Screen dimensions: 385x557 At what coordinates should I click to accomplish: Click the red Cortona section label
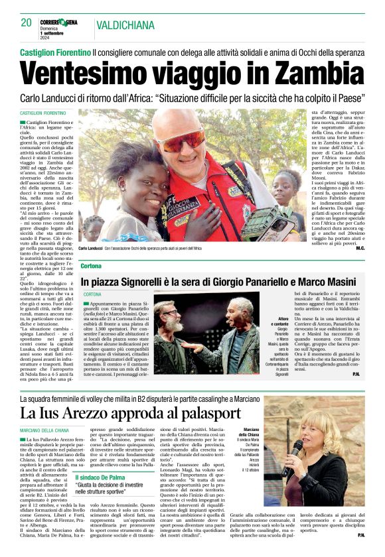[x=91, y=266]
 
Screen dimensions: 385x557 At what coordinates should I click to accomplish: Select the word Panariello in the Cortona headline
[x=258, y=281]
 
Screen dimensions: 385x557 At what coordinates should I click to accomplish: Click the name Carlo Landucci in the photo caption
[x=94, y=248]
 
